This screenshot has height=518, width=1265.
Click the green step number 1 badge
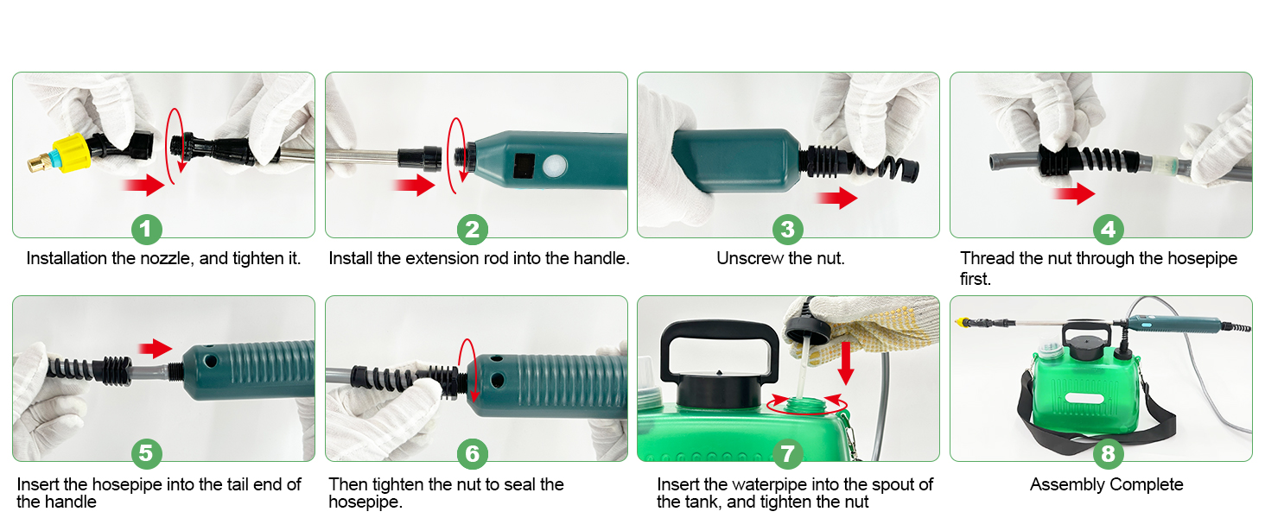tap(147, 229)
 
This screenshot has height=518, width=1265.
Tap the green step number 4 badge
tap(1108, 229)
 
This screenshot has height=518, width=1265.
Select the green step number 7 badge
tap(788, 453)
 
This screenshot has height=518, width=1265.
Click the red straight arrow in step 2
tap(414, 185)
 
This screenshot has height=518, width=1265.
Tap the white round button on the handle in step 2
tap(554, 166)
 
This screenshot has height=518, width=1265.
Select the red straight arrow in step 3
tap(836, 198)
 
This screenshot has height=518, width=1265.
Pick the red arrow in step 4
tap(1073, 193)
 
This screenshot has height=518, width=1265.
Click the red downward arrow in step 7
tap(845, 363)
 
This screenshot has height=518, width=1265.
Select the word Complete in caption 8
tap(1146, 484)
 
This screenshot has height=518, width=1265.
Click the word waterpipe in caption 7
tap(784, 484)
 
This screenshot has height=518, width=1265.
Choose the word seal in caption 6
tap(519, 484)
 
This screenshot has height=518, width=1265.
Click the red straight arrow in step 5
tap(156, 348)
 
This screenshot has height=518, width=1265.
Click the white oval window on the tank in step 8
tap(1084, 399)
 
